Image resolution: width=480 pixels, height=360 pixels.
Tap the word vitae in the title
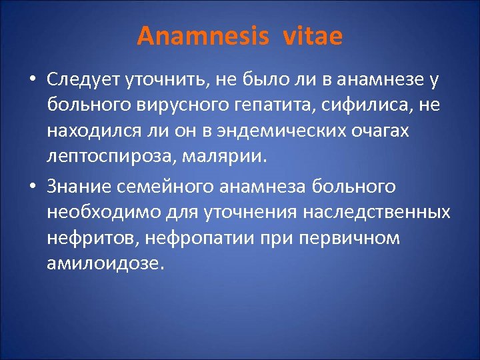click(313, 36)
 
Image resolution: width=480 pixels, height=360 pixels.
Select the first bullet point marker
click(32, 81)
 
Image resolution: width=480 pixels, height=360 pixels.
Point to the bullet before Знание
click(32, 186)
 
